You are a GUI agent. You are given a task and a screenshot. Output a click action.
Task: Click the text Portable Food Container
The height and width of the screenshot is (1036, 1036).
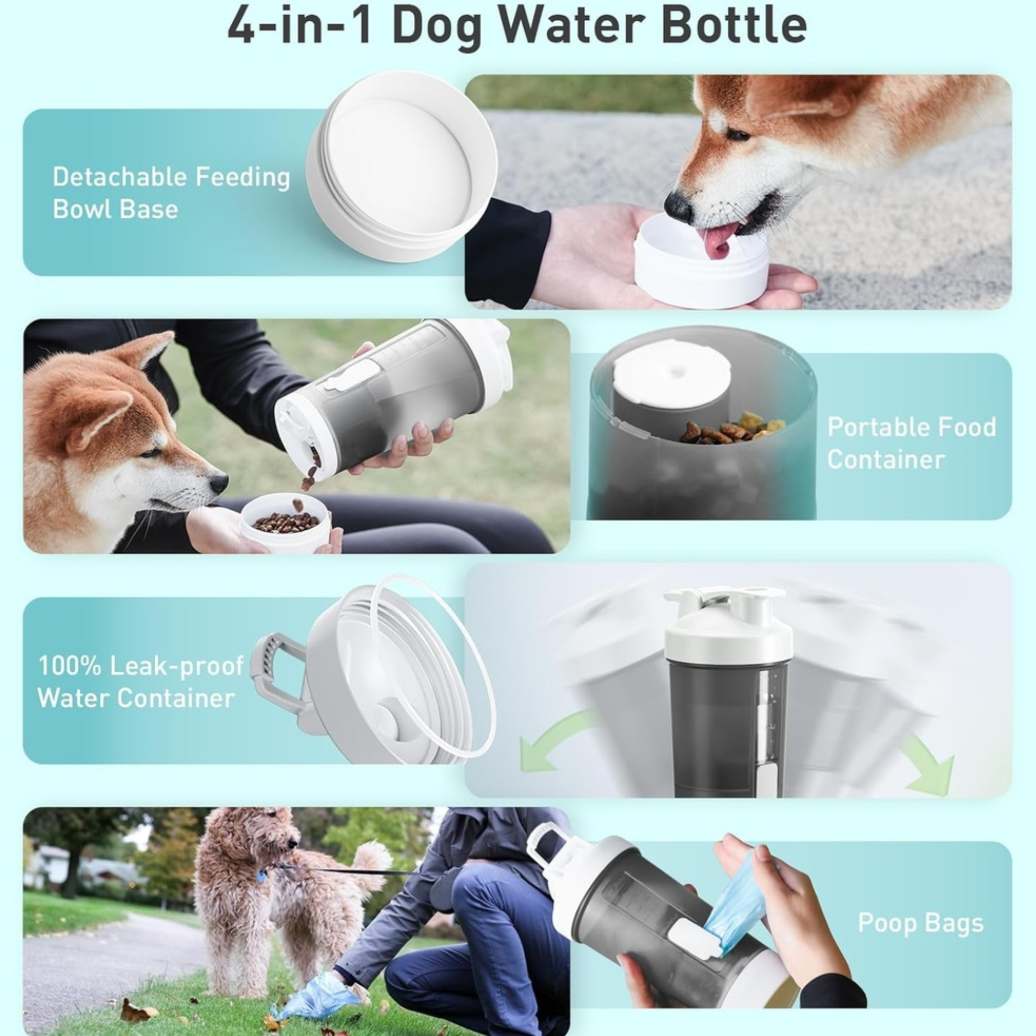coord(911,443)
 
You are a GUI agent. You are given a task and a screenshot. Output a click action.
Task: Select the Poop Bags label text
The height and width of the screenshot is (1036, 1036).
coord(920,923)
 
